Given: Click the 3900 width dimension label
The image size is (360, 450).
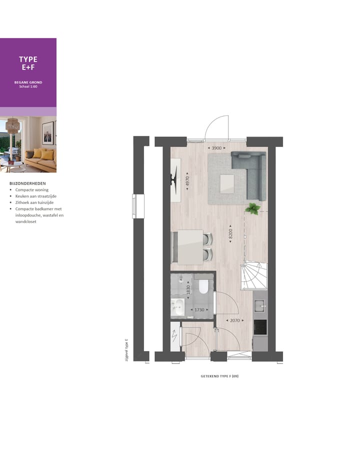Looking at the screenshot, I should pos(216,148).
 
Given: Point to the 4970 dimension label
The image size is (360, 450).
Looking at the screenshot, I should pos(187,180).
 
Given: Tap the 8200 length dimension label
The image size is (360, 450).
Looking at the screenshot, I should pos(230,233).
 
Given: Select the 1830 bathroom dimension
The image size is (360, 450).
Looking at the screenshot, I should pos(188,289).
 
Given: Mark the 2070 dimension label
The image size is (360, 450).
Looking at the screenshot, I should pos(233,320).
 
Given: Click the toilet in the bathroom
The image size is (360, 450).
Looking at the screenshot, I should pos(203,287).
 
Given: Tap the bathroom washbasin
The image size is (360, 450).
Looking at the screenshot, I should pos(177,305).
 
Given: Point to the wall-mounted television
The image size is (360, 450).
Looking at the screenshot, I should pos(173,178).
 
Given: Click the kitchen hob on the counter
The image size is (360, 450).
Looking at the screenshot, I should pos(260,327).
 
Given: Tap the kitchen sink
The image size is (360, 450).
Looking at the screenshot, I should pos(260,304).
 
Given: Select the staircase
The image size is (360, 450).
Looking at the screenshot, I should pos(254,276).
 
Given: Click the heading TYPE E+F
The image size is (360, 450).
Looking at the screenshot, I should pos(28,63).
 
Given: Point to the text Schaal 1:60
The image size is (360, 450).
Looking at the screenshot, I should pos(28,86).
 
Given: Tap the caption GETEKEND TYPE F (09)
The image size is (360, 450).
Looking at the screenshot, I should pos(219,376).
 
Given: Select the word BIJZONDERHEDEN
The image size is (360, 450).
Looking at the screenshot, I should pos(27,183).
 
